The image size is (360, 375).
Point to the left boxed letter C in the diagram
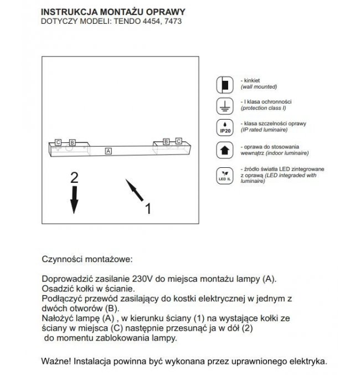[x=58, y=142]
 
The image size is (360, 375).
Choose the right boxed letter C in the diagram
[x=178, y=141]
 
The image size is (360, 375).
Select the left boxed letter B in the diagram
[x=72, y=142]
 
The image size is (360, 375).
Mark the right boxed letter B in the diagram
[x=165, y=141]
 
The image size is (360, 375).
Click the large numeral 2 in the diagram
[x=74, y=178]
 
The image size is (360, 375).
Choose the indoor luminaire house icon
[x=224, y=149]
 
